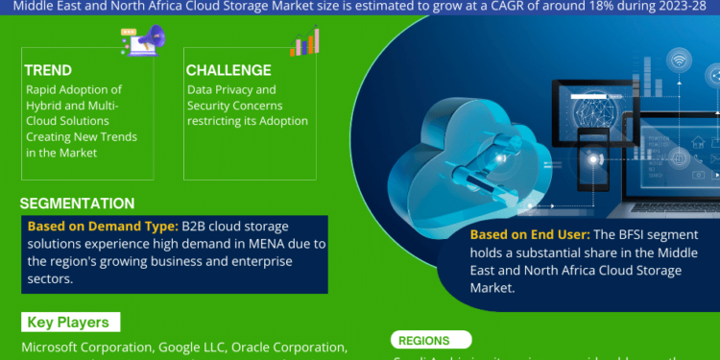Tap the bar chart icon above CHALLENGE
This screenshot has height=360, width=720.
pos(304,41)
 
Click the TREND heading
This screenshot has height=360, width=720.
pos(48,70)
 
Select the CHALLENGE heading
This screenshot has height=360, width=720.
pos(228,70)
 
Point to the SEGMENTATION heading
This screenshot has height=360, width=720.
pos(78,203)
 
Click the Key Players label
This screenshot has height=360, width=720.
pos(67,323)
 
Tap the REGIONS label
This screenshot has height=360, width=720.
pos(424,340)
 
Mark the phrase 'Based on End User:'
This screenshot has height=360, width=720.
pos(528,234)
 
